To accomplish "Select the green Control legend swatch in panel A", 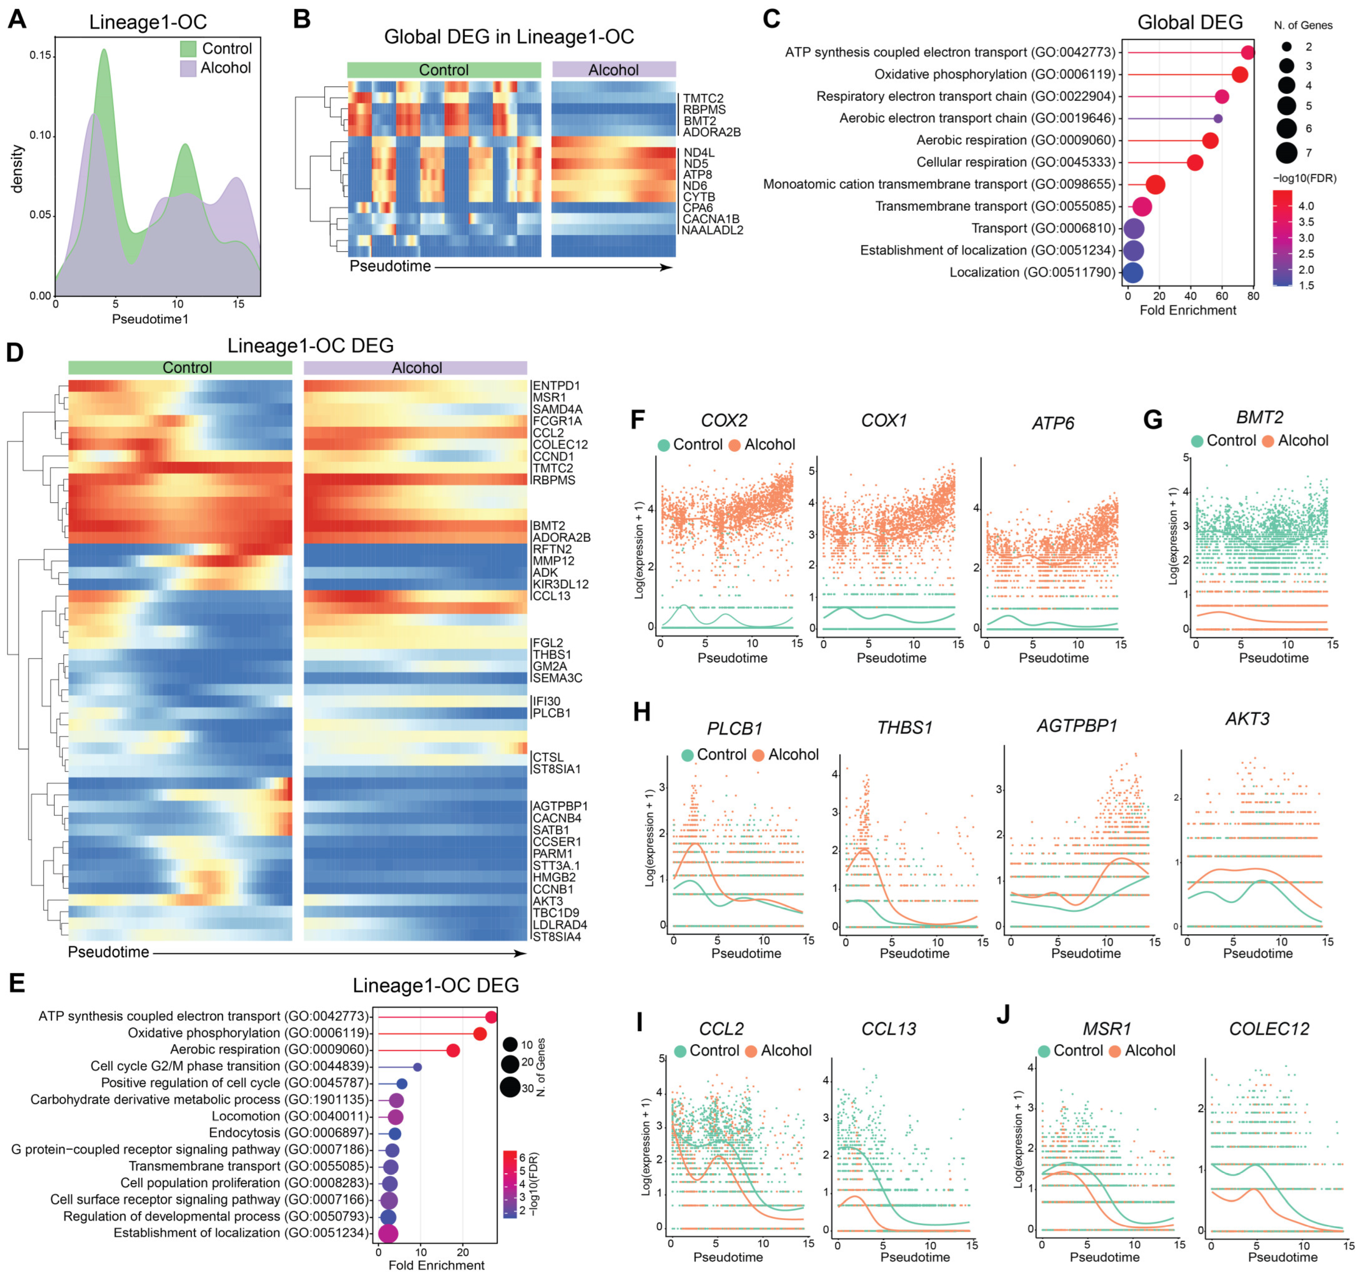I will pos(188,49).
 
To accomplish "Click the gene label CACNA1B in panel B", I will pos(711,219).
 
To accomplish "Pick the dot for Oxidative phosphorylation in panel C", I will pos(1239,74).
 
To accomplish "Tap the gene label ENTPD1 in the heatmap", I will pos(556,386).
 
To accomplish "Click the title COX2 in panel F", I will pos(724,420).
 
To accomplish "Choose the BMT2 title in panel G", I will pos(1260,417).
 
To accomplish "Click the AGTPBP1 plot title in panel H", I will pos(1077,726).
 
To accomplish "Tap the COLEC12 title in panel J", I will pos(1269,1029).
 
